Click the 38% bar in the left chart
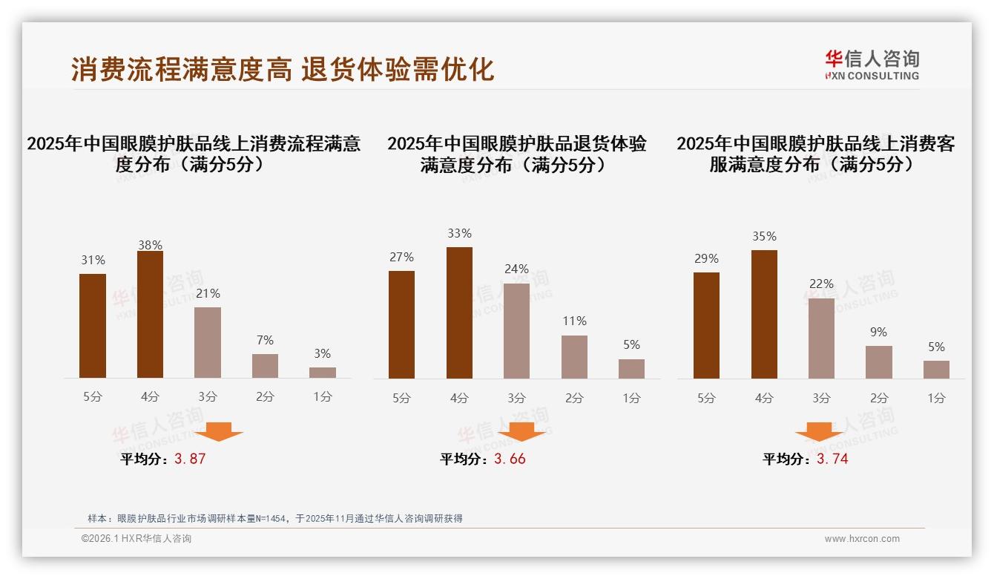coord(150,315)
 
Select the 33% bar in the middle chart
coord(459,313)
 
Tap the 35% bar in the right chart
coord(764,314)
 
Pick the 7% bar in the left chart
coord(265,366)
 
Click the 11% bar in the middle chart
coord(574,357)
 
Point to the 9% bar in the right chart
coord(878,362)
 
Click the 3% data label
coord(322,354)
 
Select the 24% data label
coord(516,269)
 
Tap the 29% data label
coord(706,258)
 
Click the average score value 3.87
coord(190,459)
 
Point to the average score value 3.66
coord(510,459)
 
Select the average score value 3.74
coord(832,459)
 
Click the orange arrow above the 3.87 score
coord(218,431)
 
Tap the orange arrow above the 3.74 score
coord(819,431)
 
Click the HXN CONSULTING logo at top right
coord(872,65)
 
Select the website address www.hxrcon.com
coord(862,539)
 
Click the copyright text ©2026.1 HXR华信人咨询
coord(136,539)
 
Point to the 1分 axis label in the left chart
coord(323,397)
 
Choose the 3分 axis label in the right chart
coord(821,399)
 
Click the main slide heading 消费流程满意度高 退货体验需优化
coord(283,69)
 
